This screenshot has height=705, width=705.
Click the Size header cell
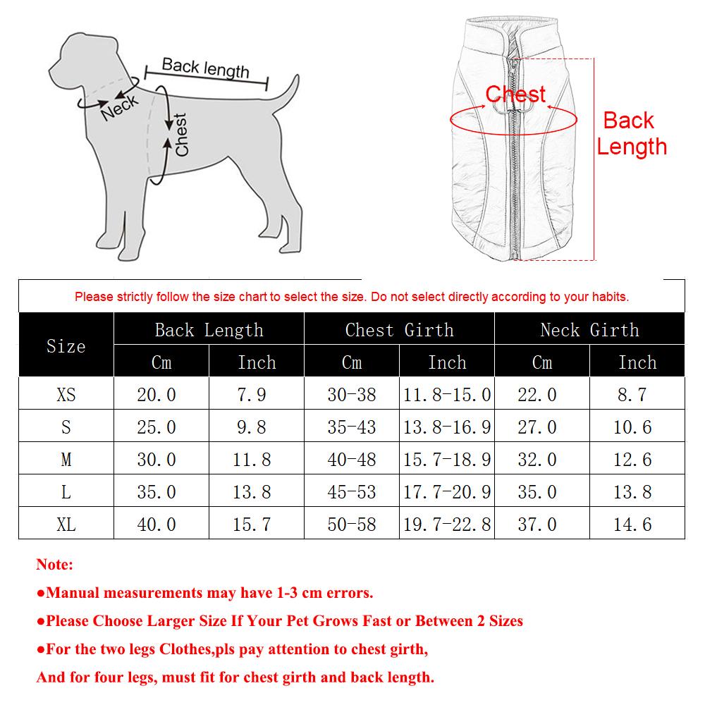[66, 345]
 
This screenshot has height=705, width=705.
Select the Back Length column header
[209, 330]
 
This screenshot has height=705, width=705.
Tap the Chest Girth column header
[399, 330]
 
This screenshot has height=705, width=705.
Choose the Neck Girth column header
[589, 330]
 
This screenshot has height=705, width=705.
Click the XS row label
[66, 395]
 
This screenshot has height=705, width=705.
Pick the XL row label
[66, 525]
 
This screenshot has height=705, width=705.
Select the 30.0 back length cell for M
[157, 460]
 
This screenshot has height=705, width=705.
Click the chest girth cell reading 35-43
[351, 427]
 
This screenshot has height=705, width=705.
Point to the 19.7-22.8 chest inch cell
[447, 525]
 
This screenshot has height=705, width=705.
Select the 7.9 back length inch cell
[252, 395]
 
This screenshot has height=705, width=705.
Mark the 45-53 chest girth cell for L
[351, 492]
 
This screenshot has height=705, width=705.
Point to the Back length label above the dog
[205, 68]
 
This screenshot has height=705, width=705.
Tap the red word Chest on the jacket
[515, 94]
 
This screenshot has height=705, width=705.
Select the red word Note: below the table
[54, 565]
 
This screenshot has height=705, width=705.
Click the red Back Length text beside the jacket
[631, 134]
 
